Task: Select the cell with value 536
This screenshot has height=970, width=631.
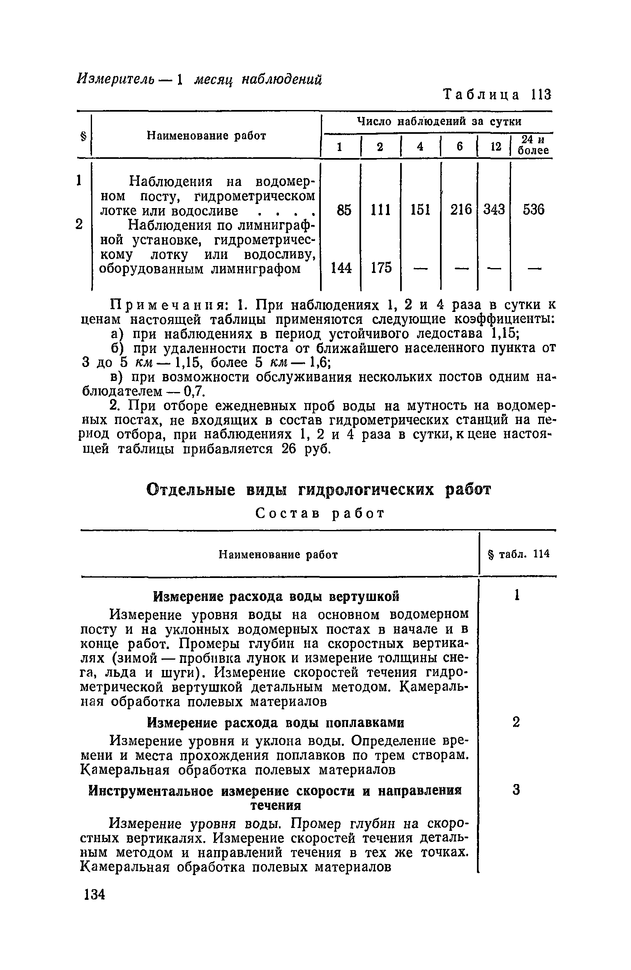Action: coord(533,210)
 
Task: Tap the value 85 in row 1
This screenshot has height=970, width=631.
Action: coord(343,210)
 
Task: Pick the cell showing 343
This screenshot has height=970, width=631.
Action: coord(493,210)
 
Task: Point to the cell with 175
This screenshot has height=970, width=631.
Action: coord(381,268)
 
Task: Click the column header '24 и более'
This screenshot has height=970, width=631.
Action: coord(533,145)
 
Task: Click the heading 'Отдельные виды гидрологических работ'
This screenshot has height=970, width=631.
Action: coord(318,490)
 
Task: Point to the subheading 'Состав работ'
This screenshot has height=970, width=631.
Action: coord(320,514)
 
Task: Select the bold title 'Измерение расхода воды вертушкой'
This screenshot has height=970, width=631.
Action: coord(276,596)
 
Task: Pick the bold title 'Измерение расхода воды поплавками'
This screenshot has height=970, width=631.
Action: coord(276,722)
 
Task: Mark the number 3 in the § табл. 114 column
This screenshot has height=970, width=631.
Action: coord(516,790)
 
